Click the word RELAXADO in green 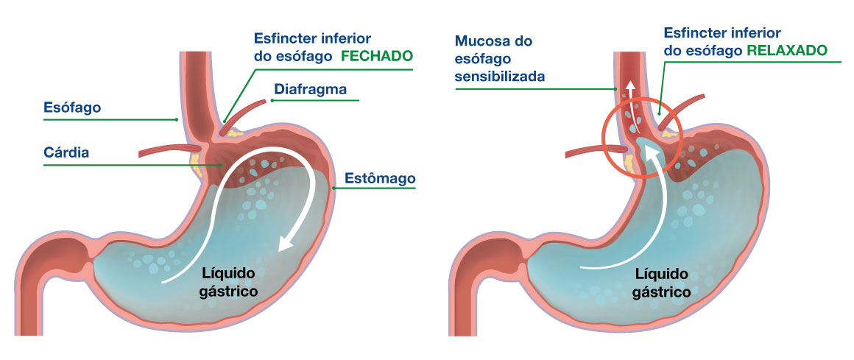click(x=787, y=51)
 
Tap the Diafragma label click(x=311, y=89)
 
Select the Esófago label click(x=72, y=107)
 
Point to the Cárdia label click(x=66, y=153)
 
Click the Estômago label click(x=380, y=178)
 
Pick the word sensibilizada click(x=500, y=77)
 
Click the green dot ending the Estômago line click(x=334, y=188)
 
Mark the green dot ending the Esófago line click(x=177, y=119)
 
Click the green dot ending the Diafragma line click(x=271, y=100)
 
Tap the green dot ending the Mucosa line click(x=616, y=89)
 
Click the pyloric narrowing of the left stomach click(x=90, y=256)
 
